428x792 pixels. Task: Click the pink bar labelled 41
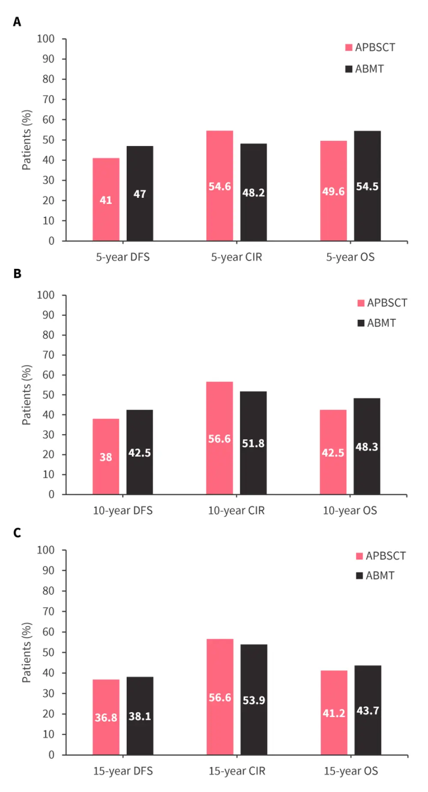(x=106, y=199)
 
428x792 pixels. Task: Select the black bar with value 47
(x=140, y=194)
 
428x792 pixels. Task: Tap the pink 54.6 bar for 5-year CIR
(x=220, y=186)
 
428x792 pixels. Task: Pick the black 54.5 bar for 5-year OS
(x=367, y=186)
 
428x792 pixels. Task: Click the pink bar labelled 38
(x=106, y=456)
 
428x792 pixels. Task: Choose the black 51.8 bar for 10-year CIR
(x=253, y=443)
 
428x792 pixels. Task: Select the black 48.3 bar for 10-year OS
(x=367, y=446)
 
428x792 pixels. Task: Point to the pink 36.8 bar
(x=106, y=717)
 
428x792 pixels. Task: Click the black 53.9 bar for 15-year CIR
(x=254, y=700)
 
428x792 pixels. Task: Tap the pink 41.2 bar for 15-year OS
(x=334, y=712)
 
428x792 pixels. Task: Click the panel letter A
(x=17, y=21)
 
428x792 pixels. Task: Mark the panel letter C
(x=17, y=533)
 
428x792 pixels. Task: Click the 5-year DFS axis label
(x=123, y=257)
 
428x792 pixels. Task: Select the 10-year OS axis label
(x=350, y=510)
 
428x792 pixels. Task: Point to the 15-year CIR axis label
(x=237, y=771)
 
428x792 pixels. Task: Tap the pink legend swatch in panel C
(x=360, y=556)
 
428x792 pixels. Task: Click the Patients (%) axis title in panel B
(x=27, y=395)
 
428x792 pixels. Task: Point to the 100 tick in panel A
(x=46, y=39)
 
